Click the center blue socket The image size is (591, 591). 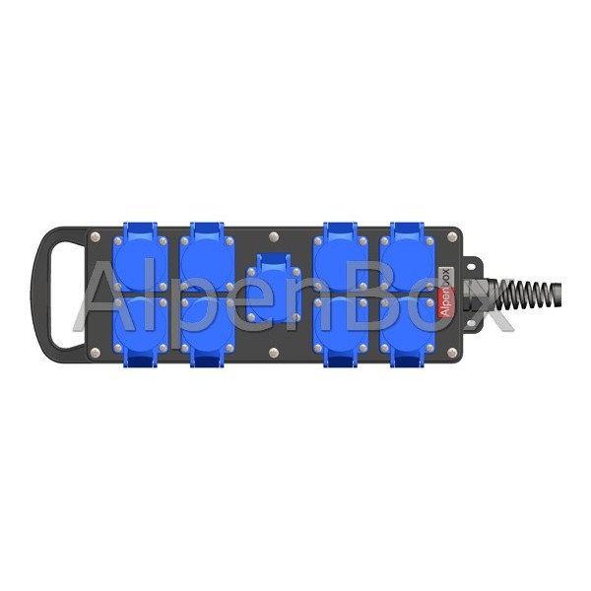point(274,289)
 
